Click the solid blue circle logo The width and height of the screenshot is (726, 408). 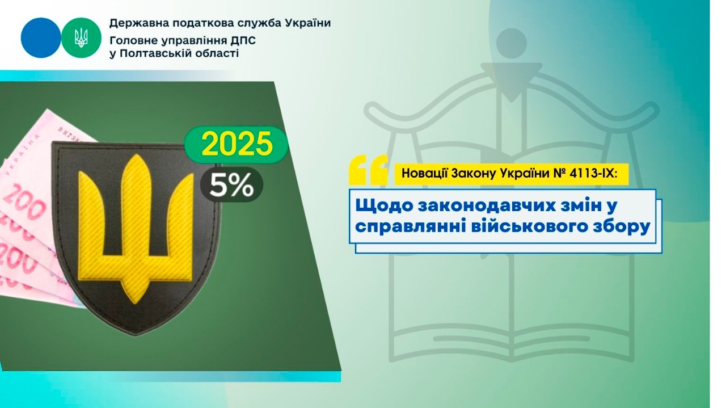point(40,37)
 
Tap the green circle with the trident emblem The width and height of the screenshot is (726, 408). point(81,37)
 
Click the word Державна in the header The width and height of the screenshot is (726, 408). point(133,23)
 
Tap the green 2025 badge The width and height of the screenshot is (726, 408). point(237,145)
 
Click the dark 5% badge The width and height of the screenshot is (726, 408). point(231,184)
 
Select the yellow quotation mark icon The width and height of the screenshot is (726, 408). point(369,169)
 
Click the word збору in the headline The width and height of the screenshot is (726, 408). point(619,226)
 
